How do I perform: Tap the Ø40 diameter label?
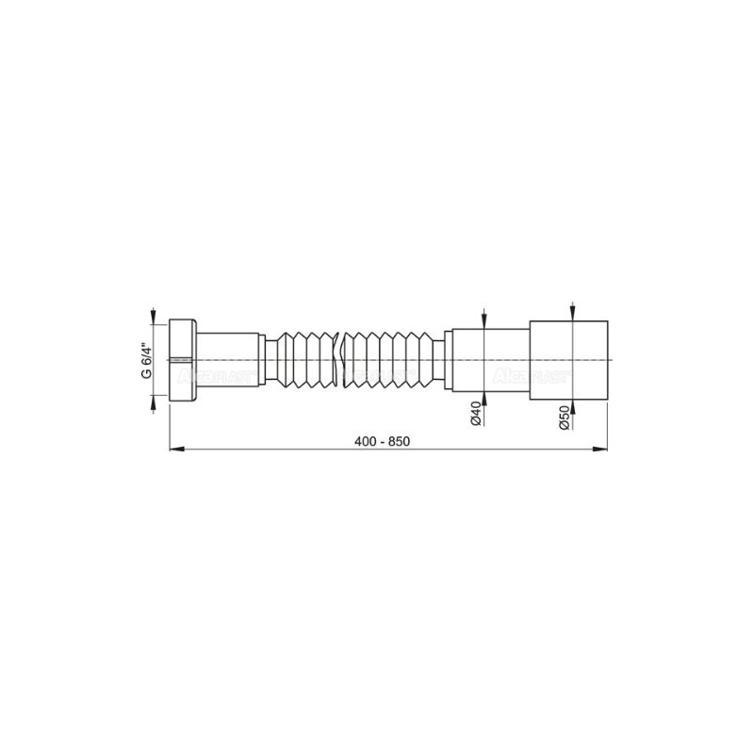tap(477, 416)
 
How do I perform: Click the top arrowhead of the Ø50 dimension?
tap(573, 317)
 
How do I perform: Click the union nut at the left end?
tap(184, 360)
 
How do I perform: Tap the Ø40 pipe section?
tap(490, 360)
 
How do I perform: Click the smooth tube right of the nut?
tap(231, 360)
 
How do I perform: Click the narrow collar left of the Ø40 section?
tap(448, 360)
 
